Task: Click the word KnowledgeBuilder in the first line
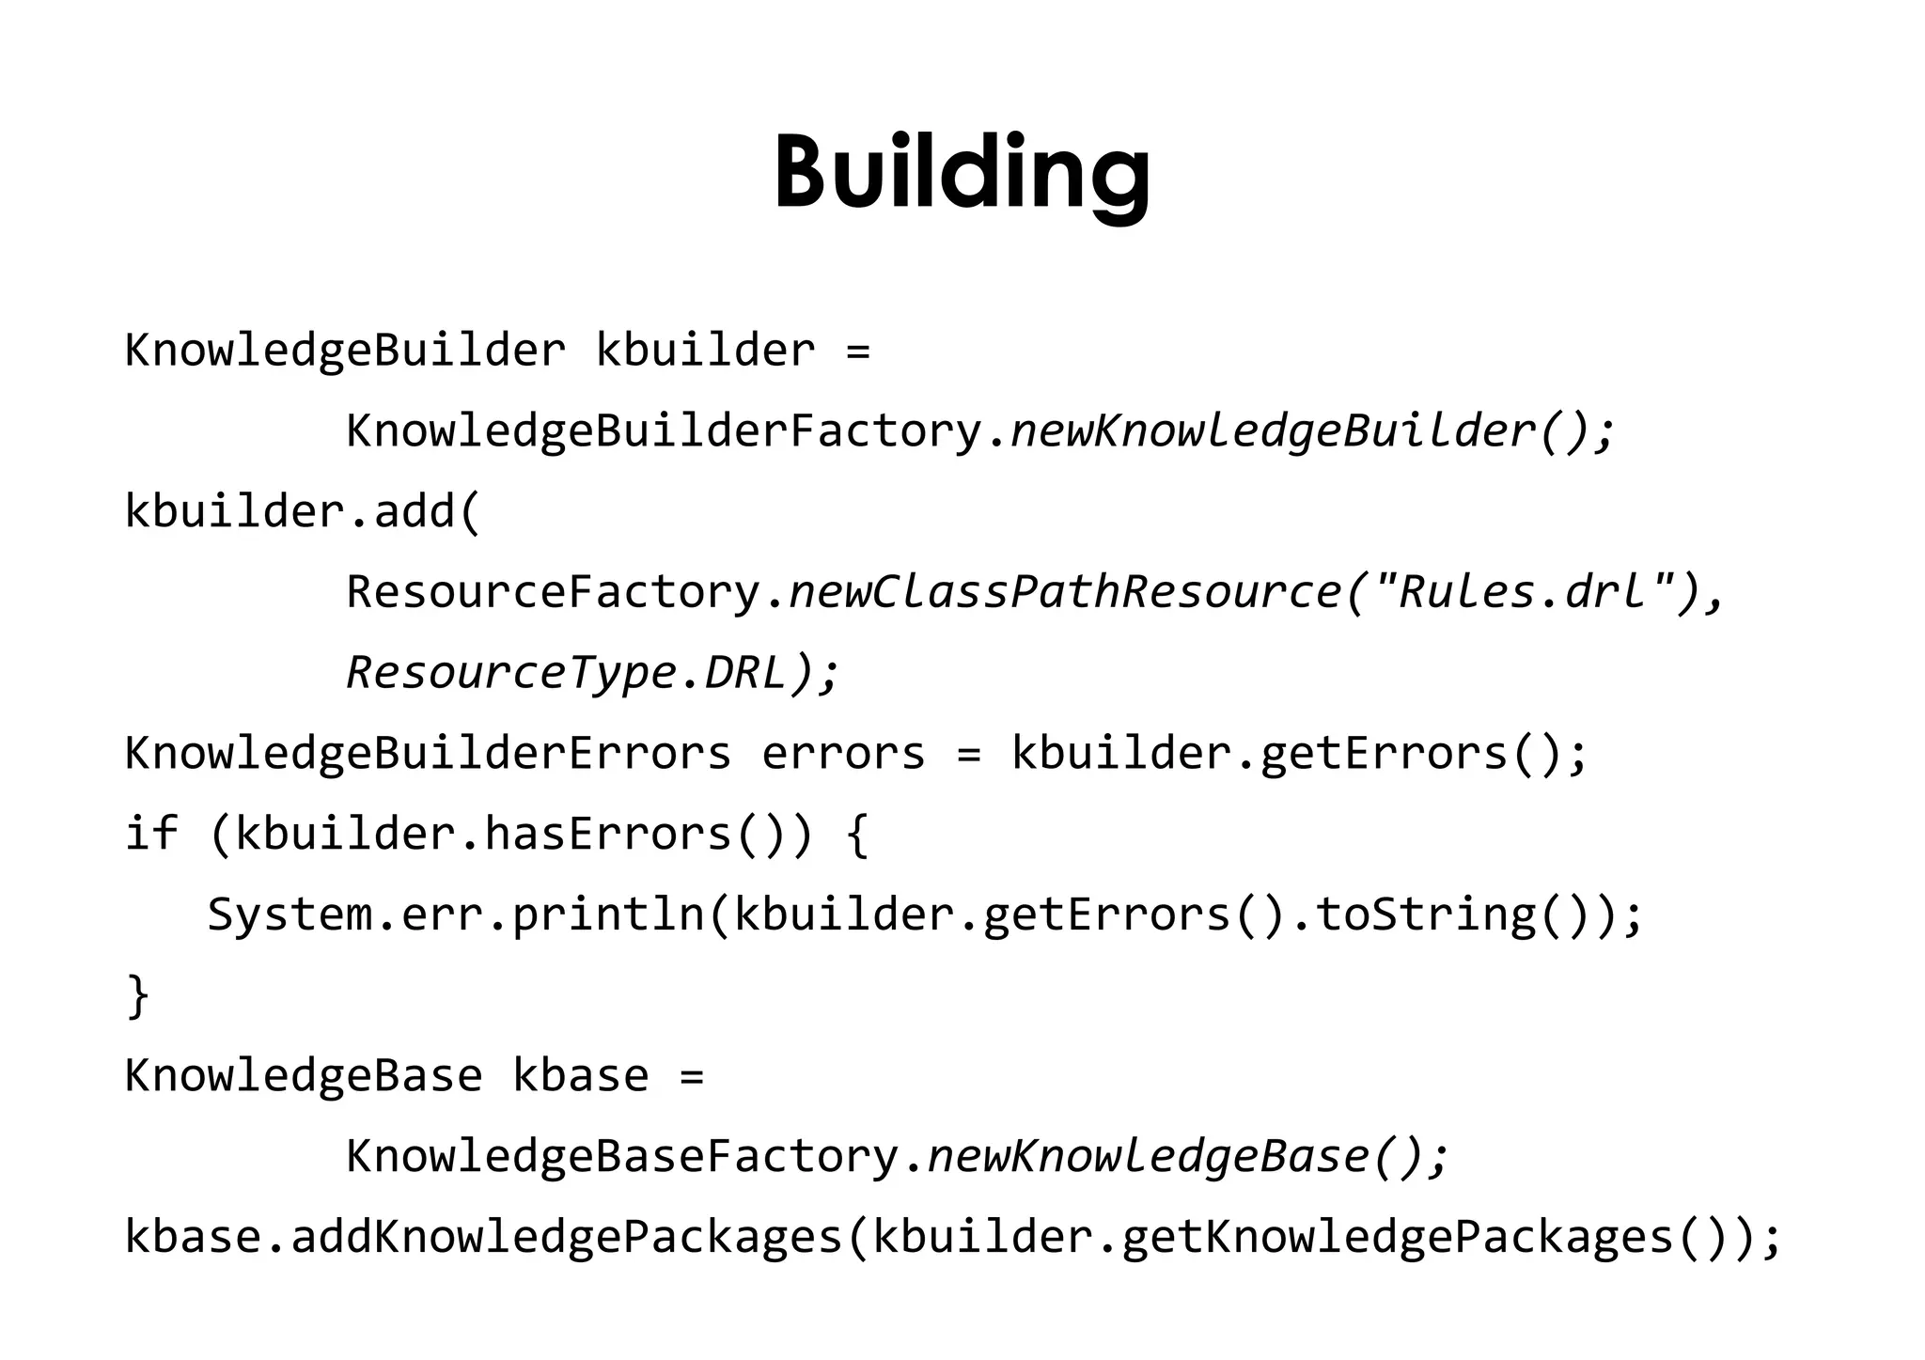click(x=345, y=351)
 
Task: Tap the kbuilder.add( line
click(x=303, y=512)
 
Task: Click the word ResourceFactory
click(x=553, y=592)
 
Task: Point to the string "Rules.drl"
click(x=1523, y=592)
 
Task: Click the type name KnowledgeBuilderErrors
click(x=428, y=753)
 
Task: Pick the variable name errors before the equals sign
click(x=843, y=753)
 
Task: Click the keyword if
click(x=151, y=834)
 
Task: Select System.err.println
click(x=456, y=914)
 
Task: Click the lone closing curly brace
click(x=138, y=995)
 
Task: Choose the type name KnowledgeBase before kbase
click(x=304, y=1075)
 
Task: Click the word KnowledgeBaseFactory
click(x=622, y=1156)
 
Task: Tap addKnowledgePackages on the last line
click(x=567, y=1237)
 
